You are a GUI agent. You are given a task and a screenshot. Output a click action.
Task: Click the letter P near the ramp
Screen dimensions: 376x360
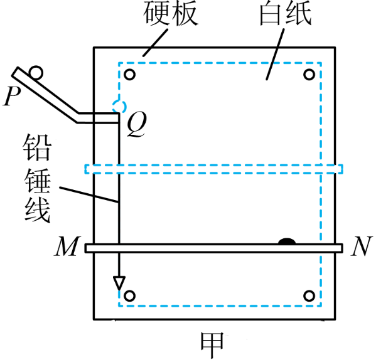pos(11,96)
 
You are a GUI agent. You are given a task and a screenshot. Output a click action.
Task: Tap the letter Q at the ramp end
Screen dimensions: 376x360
pos(137,125)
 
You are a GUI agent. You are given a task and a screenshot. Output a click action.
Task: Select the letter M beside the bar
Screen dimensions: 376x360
pos(67,246)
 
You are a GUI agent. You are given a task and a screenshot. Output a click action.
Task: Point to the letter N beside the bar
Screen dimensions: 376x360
pos(362,246)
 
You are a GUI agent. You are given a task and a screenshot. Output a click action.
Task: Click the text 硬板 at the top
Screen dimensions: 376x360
pos(171,13)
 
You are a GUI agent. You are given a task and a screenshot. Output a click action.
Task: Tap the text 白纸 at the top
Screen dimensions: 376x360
pos(286,13)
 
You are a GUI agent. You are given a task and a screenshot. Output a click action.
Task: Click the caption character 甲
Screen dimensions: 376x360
pos(212,345)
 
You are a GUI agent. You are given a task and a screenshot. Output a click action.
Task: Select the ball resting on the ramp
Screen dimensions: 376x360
pos(36,72)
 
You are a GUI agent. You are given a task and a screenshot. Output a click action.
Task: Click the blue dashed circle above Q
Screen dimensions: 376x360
pos(119,106)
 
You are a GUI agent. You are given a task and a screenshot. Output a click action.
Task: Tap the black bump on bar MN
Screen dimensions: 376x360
pos(287,241)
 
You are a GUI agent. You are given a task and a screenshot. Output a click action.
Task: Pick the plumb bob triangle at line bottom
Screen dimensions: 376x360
pos(119,283)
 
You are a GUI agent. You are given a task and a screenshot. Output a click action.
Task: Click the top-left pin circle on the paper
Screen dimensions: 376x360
pos(129,75)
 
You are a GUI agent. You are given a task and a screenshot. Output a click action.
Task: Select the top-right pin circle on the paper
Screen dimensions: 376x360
pos(309,75)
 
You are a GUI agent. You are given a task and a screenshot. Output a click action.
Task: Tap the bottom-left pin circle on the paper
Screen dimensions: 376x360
pos(129,296)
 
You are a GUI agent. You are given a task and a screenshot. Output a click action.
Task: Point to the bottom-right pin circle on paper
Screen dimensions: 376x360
pos(309,296)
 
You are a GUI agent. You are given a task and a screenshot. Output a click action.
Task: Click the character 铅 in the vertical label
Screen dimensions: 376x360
pos(37,147)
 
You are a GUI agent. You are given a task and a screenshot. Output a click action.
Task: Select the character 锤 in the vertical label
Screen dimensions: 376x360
pos(37,180)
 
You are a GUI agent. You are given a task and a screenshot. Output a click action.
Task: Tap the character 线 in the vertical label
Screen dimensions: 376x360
pos(37,209)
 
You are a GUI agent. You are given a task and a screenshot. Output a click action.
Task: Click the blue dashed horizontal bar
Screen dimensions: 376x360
pos(213,169)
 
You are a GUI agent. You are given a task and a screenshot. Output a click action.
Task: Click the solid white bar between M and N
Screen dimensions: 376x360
pos(213,248)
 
